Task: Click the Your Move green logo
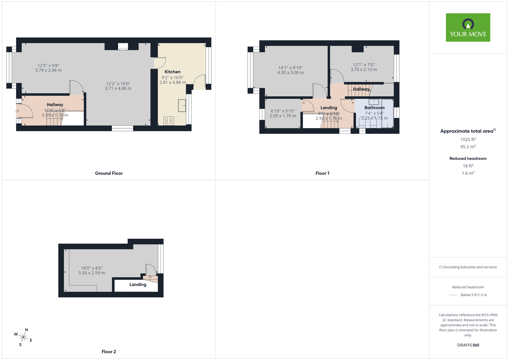pyautogui.click(x=468, y=27)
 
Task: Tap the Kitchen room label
pyautogui.click(x=172, y=72)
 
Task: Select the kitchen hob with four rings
pyautogui.click(x=169, y=121)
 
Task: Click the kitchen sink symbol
pyautogui.click(x=182, y=105)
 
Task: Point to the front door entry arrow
pyautogui.click(x=17, y=111)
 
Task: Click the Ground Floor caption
pyautogui.click(x=109, y=173)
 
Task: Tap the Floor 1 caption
pyautogui.click(x=322, y=173)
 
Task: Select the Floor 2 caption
pyautogui.click(x=109, y=352)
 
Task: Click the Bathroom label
pyautogui.click(x=374, y=108)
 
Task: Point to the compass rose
pyautogui.click(x=23, y=338)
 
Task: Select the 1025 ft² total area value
pyautogui.click(x=468, y=140)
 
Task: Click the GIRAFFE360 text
pyautogui.click(x=468, y=345)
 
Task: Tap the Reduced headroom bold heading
pyautogui.click(x=468, y=158)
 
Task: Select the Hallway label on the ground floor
pyautogui.click(x=55, y=105)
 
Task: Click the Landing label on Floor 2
pyautogui.click(x=138, y=284)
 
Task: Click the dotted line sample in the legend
pyautogui.click(x=454, y=295)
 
